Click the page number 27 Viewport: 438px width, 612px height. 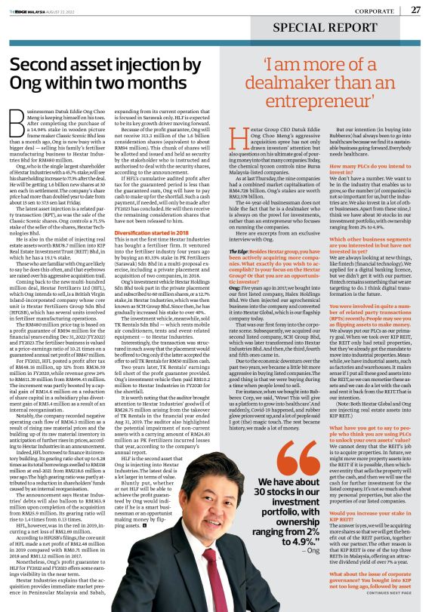click(415, 10)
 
